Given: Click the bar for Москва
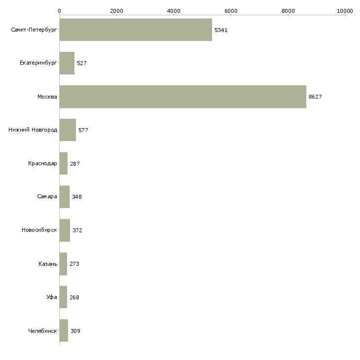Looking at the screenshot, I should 182,97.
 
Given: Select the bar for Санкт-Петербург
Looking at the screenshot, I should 136,30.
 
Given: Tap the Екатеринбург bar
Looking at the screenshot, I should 67,63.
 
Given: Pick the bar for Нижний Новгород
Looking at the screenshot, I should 68,130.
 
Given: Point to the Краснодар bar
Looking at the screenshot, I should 63,163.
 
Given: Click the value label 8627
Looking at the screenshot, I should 315,97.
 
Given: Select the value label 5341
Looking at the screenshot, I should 221,30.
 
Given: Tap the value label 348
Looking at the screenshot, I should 77,197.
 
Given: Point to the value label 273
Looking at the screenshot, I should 74,264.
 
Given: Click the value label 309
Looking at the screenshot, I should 75,331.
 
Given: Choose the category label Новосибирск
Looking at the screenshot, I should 39,230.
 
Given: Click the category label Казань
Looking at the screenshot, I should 47,264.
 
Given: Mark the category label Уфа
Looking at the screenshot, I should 52,297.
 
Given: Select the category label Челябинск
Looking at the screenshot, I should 42,331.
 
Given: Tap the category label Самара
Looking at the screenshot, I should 47,197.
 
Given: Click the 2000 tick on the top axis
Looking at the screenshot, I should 116,10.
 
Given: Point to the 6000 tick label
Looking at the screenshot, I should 231,10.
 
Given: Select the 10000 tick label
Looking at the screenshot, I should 345,10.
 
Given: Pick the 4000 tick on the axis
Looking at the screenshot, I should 174,10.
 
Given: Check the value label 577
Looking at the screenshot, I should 83,130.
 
